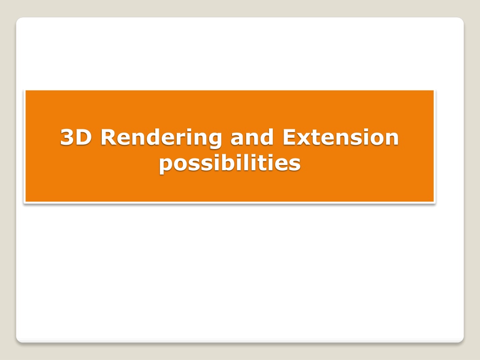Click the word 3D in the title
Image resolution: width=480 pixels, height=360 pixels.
(76, 137)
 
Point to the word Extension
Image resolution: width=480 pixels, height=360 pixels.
(340, 137)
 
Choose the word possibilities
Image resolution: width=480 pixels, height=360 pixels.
(230, 164)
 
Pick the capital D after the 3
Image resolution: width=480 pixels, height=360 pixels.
(83, 137)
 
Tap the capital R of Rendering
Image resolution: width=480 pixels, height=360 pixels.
(109, 137)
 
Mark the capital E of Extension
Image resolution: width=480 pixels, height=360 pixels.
(289, 137)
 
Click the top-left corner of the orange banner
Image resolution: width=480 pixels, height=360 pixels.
(25, 90)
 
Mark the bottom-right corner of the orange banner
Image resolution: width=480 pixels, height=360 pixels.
(434, 202)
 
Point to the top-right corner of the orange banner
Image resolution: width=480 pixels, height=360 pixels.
(434, 90)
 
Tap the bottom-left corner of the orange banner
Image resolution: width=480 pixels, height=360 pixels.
(25, 202)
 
